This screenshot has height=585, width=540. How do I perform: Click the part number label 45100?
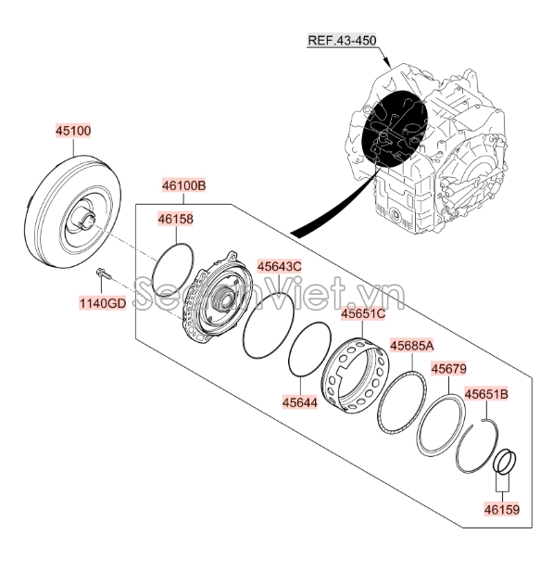click(x=73, y=131)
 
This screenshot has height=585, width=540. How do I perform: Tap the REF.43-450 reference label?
click(x=342, y=40)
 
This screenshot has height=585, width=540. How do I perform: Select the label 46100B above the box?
click(x=183, y=185)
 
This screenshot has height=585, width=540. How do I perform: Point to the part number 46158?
click(x=176, y=219)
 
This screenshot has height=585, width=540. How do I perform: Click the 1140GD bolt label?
click(x=103, y=303)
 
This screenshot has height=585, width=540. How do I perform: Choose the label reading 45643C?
click(x=280, y=266)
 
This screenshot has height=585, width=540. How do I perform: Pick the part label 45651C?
click(x=363, y=313)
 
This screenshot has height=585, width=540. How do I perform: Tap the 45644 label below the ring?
click(x=300, y=402)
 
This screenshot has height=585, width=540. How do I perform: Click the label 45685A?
click(x=412, y=346)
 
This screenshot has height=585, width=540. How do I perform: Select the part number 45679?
click(x=448, y=369)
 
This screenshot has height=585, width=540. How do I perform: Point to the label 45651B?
click(x=486, y=394)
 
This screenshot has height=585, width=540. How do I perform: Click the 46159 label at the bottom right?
click(x=502, y=509)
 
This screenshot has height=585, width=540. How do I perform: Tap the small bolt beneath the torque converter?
click(x=103, y=273)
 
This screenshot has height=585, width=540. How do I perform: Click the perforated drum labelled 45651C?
click(x=355, y=375)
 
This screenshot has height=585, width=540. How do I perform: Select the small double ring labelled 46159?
click(x=505, y=461)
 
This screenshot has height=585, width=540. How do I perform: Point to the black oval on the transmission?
click(x=395, y=128)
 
